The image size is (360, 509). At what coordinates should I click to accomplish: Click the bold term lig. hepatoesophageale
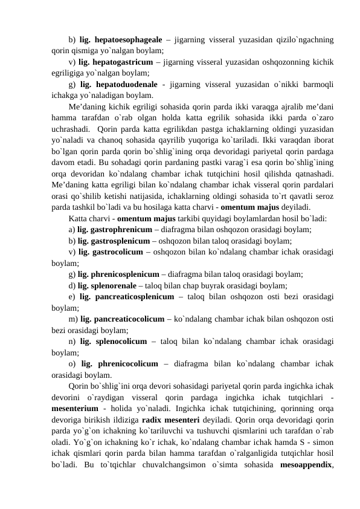[x=121, y=40]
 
